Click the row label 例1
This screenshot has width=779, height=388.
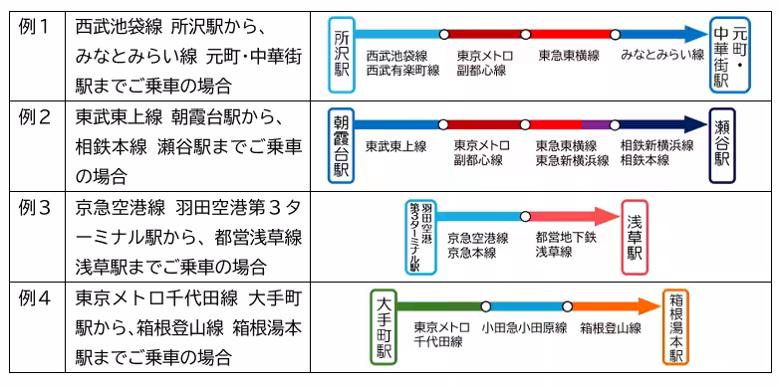coord(34,24)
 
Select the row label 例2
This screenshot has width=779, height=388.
coord(34,116)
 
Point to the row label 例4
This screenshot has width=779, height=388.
coord(34,297)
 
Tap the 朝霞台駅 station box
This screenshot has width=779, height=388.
coord(342,143)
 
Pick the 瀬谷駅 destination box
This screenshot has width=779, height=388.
coord(722,145)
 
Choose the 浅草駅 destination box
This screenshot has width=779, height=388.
coord(634,237)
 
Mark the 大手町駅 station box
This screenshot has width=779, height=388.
coord(384,326)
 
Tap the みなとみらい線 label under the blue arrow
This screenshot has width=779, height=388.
coord(661,57)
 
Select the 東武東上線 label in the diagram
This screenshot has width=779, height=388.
coord(395,146)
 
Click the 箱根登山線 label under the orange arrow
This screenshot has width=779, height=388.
coord(611,327)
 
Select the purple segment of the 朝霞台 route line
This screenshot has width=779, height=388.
coord(595,124)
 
